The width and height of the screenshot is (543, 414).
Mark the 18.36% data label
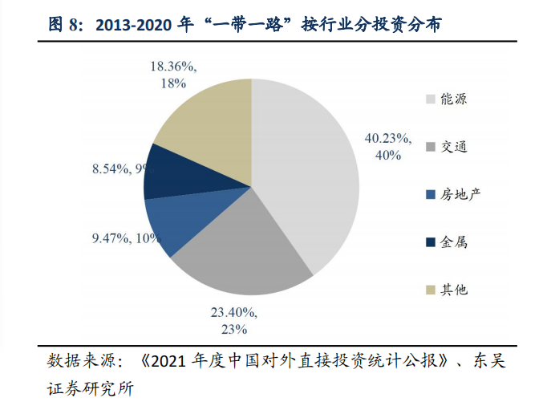click(x=174, y=74)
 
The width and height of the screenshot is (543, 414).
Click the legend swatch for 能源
click(x=431, y=99)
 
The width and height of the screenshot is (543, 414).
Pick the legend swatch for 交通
click(x=431, y=147)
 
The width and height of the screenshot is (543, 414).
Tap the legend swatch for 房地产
click(x=431, y=194)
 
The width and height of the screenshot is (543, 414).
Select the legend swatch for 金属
click(x=431, y=241)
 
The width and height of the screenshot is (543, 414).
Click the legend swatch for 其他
click(x=431, y=289)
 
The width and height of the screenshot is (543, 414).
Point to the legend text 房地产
click(x=460, y=194)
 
